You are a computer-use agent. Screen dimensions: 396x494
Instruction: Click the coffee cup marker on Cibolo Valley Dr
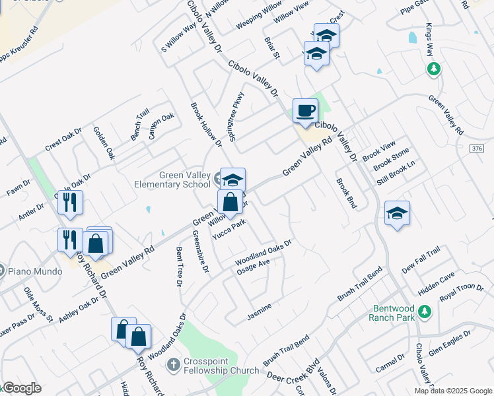point(305,111)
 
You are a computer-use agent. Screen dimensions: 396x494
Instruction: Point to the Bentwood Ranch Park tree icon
point(425,310)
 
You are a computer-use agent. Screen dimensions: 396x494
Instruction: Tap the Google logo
point(21,388)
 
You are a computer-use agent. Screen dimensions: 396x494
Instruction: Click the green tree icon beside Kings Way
point(434,69)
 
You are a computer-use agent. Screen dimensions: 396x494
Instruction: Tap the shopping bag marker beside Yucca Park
point(230,203)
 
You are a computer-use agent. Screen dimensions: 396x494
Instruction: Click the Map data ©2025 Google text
point(452,391)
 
